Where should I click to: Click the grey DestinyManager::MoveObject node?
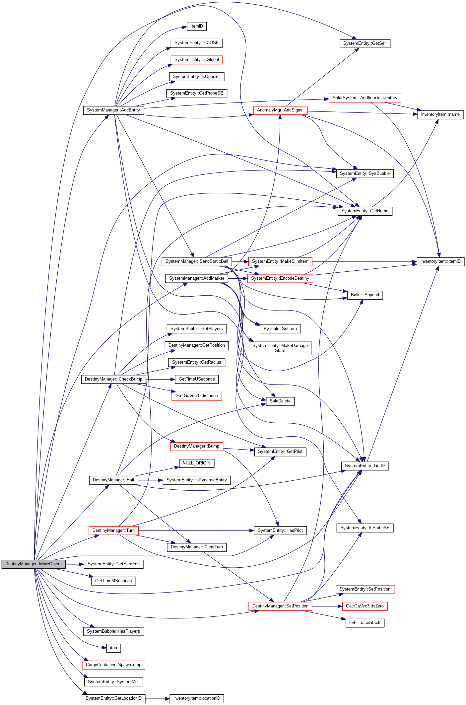(x=33, y=564)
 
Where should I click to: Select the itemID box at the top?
(x=197, y=26)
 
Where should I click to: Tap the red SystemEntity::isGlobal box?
(x=197, y=60)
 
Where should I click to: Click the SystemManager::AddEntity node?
(x=113, y=110)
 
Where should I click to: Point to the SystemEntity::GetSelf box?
(x=365, y=43)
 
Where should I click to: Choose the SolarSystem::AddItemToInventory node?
(x=365, y=98)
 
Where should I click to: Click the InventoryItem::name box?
(x=440, y=114)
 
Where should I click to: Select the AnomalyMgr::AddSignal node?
(x=280, y=110)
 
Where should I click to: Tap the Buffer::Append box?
(x=365, y=295)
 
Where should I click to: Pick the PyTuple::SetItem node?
(x=280, y=329)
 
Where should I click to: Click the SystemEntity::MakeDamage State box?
(x=280, y=348)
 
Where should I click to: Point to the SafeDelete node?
(x=280, y=401)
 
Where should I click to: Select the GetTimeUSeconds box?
(x=197, y=379)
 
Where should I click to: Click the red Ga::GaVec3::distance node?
(x=197, y=396)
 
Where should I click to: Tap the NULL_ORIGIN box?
(x=197, y=463)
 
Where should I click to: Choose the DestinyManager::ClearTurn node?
(x=197, y=547)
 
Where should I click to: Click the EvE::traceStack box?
(x=365, y=623)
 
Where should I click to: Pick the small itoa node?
(x=113, y=648)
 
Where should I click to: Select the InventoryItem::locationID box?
(x=197, y=698)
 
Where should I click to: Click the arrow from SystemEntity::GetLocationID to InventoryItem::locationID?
(x=157, y=698)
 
